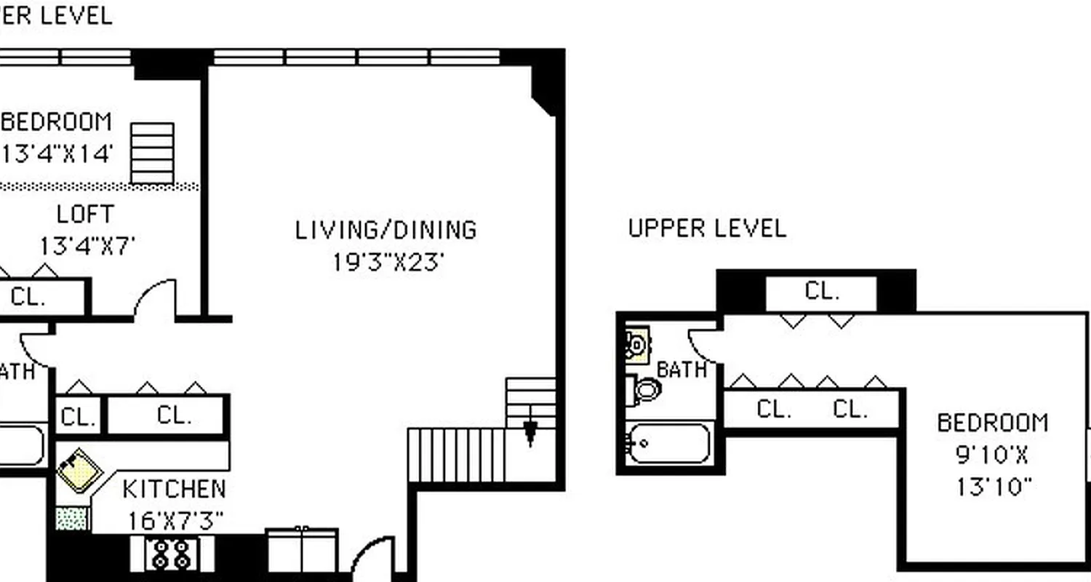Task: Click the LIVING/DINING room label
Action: click(x=385, y=230)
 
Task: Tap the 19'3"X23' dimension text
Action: click(x=388, y=262)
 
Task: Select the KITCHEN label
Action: click(x=174, y=489)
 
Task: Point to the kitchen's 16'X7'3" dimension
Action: click(x=175, y=521)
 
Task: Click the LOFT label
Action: click(x=85, y=215)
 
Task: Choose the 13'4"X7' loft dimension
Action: click(x=87, y=246)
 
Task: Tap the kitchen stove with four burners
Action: click(x=172, y=554)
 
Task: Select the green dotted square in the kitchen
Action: click(x=73, y=519)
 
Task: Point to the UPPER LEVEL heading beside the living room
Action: click(x=707, y=228)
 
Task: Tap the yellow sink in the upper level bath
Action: click(x=638, y=345)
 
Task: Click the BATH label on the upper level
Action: click(x=682, y=370)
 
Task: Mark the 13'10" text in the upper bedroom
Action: click(x=994, y=487)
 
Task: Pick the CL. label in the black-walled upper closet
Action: click(x=822, y=292)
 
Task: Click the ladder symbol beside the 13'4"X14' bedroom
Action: click(x=152, y=154)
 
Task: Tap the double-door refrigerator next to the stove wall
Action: click(x=303, y=550)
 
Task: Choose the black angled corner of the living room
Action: click(x=546, y=87)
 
